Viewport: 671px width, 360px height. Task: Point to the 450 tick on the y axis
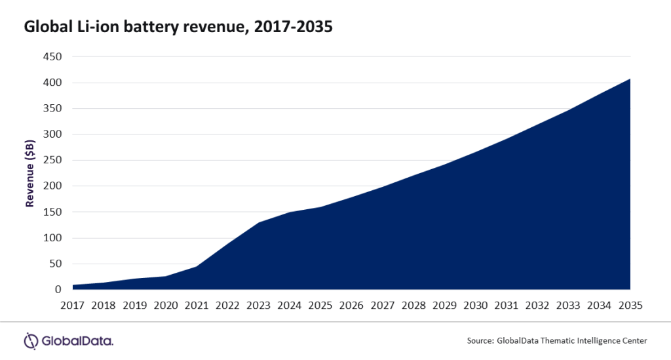pyautogui.click(x=52, y=57)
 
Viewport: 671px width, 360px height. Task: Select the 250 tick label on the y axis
pyautogui.click(x=52, y=160)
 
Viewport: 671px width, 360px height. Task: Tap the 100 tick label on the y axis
pyautogui.click(x=52, y=237)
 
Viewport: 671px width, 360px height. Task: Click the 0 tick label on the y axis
pyautogui.click(x=58, y=289)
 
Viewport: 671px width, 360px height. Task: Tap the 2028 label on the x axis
pyautogui.click(x=413, y=306)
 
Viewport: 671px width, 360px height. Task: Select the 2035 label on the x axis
pyautogui.click(x=630, y=306)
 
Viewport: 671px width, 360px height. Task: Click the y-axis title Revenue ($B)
pyautogui.click(x=29, y=173)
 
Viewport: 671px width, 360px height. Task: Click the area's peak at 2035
pyautogui.click(x=630, y=79)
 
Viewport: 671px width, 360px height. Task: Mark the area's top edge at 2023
pyautogui.click(x=258, y=223)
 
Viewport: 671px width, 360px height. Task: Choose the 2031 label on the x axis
pyautogui.click(x=506, y=306)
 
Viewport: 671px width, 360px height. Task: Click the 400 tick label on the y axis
pyautogui.click(x=52, y=83)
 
